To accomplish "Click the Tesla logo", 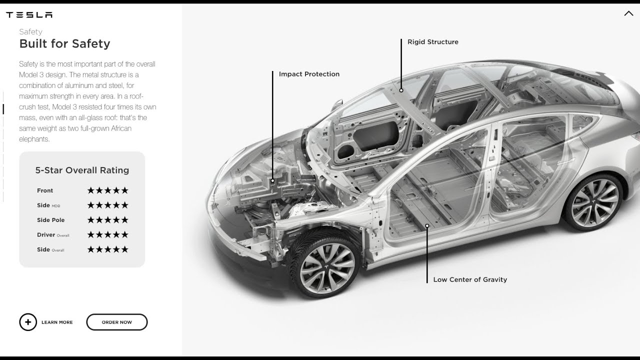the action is (x=29, y=15).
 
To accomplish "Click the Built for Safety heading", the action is (x=64, y=43).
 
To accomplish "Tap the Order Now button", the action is (x=117, y=322).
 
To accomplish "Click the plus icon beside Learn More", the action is (x=28, y=322).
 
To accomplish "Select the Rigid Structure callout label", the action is (x=433, y=42).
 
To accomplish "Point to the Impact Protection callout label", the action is (x=309, y=74).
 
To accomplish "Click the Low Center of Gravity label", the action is (x=470, y=279).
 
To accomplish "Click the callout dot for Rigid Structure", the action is (x=401, y=90).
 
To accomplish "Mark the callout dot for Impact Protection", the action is (x=272, y=180).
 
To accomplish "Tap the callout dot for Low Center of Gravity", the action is (x=427, y=225).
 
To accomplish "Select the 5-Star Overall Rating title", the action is (x=82, y=170).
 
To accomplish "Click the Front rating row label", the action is (x=45, y=190).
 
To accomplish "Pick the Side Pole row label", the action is (x=51, y=220).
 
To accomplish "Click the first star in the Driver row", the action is (x=90, y=234).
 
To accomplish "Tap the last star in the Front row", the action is (x=125, y=190).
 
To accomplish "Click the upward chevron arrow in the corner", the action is (x=628, y=13).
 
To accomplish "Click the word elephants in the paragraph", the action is (x=34, y=139).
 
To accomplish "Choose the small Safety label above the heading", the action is (x=30, y=31).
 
